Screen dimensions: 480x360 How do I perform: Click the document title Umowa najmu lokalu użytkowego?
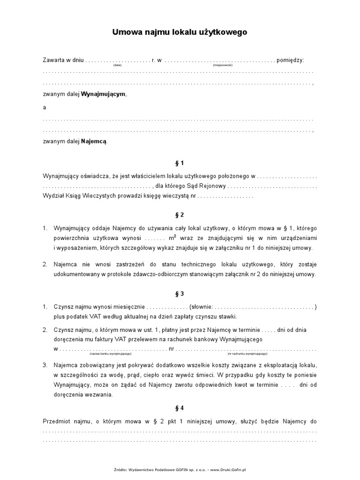(180, 32)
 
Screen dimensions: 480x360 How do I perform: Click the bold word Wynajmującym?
(104, 94)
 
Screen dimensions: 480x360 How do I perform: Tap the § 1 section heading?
(180, 163)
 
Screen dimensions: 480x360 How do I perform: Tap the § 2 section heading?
(180, 215)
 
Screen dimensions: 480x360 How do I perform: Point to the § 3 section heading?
(180, 294)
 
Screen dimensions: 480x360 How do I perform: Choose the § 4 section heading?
(180, 408)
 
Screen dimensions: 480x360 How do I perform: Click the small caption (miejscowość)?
(223, 66)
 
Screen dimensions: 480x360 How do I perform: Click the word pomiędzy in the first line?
(291, 60)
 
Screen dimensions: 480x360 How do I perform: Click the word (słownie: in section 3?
(201, 307)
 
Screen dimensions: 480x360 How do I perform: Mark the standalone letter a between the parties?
(45, 107)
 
